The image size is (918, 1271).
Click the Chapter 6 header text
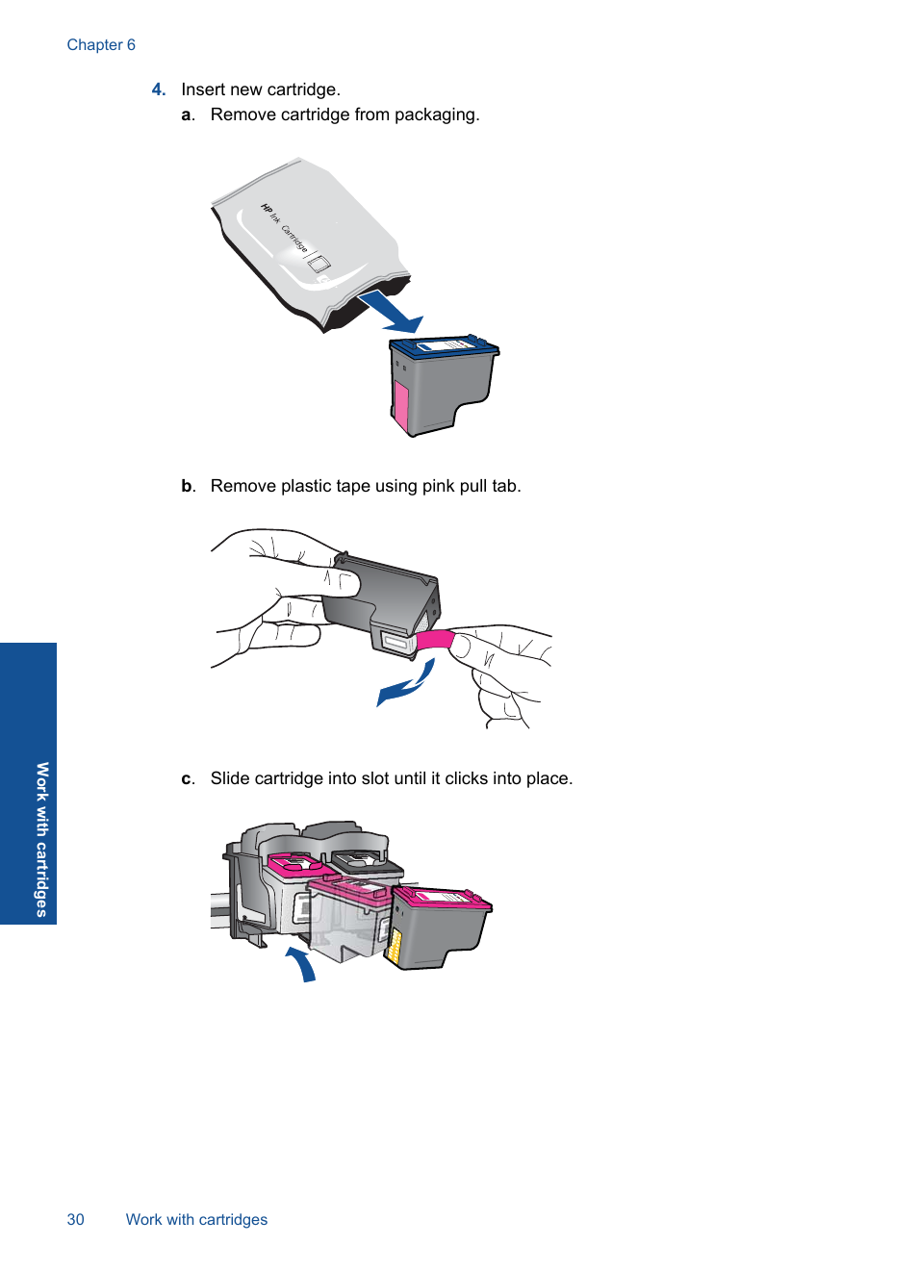pyautogui.click(x=101, y=45)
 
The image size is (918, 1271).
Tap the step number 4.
pyautogui.click(x=158, y=89)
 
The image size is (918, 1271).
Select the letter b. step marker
pyautogui.click(x=188, y=486)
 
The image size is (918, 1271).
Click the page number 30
pyautogui.click(x=75, y=1219)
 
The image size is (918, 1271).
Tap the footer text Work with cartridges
pyautogui.click(x=196, y=1219)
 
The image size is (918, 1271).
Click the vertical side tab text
pyautogui.click(x=41, y=839)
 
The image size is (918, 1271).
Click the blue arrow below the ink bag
pyautogui.click(x=392, y=313)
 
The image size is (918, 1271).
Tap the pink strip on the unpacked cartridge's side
pyautogui.click(x=401, y=404)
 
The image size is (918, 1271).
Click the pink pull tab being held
pyautogui.click(x=435, y=640)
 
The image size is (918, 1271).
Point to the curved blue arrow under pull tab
pyautogui.click(x=407, y=684)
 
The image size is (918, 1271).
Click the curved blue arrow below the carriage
pyautogui.click(x=302, y=963)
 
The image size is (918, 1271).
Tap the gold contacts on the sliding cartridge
pyautogui.click(x=393, y=944)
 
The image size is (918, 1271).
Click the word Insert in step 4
pyautogui.click(x=203, y=89)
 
